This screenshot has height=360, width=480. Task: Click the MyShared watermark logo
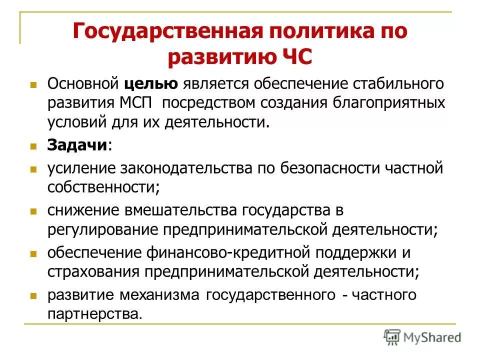[x=422, y=336]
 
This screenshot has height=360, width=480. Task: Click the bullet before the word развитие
[x=34, y=295]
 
